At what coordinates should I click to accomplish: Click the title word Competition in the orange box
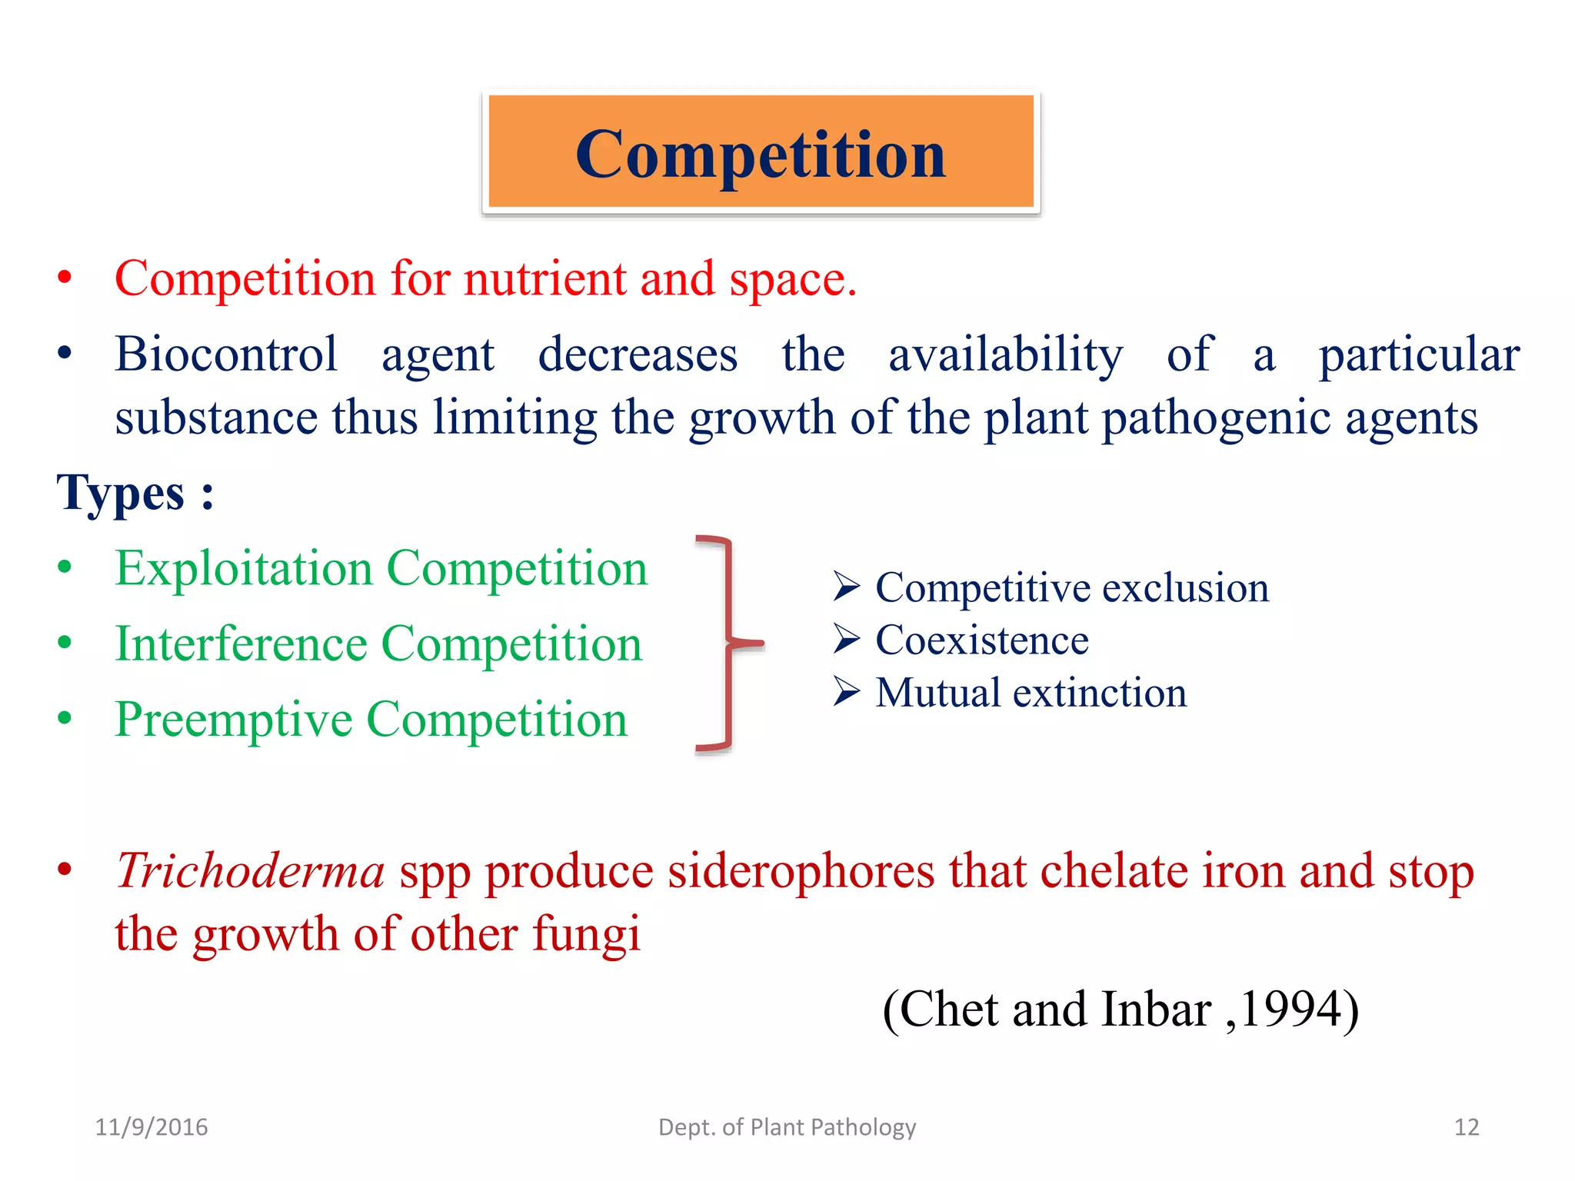[760, 155]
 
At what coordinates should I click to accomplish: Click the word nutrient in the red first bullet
[545, 278]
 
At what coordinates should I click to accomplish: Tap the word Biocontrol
[226, 354]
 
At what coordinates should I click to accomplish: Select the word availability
[1005, 354]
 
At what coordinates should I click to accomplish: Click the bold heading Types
[122, 493]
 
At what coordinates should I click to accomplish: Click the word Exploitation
[244, 569]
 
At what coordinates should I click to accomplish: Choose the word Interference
[241, 644]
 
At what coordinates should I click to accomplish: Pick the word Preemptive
[233, 720]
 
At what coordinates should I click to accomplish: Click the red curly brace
[728, 642]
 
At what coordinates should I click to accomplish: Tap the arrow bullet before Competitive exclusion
[846, 587]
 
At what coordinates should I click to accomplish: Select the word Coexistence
[982, 640]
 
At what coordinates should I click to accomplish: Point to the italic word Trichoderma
[250, 871]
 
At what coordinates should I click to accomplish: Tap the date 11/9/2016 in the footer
[152, 1127]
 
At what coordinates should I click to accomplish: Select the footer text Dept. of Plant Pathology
[787, 1127]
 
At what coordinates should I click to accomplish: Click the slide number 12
[1466, 1127]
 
